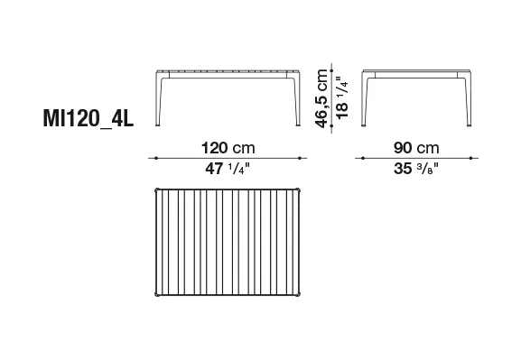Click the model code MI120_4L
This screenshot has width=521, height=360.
(x=88, y=118)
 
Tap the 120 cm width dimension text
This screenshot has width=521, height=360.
(x=228, y=148)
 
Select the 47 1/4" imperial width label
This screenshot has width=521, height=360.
(x=228, y=169)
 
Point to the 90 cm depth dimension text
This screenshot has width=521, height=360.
(x=416, y=148)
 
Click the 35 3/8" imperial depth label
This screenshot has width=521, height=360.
(x=416, y=169)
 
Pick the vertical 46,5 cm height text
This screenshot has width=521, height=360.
(x=321, y=98)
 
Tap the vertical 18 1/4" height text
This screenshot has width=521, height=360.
(x=342, y=97)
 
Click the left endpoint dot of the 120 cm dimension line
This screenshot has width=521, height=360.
(x=156, y=158)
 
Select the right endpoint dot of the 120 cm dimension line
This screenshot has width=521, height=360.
(x=300, y=158)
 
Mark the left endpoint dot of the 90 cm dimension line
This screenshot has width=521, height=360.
(x=362, y=158)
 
